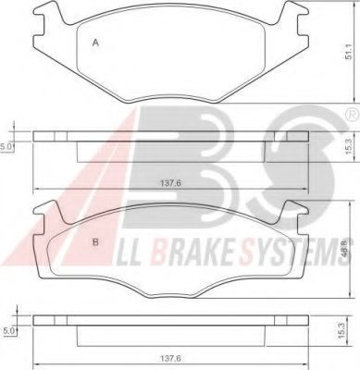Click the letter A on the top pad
[x=96, y=43]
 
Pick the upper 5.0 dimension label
[x=6, y=146]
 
